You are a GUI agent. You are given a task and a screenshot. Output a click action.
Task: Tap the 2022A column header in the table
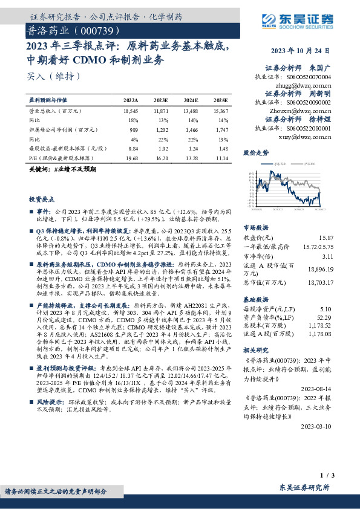(130, 101)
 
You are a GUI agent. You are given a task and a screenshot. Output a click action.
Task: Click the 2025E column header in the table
(220, 101)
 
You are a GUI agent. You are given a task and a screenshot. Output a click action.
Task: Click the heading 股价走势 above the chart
(255, 153)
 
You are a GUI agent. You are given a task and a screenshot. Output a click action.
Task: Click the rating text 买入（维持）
(53, 76)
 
